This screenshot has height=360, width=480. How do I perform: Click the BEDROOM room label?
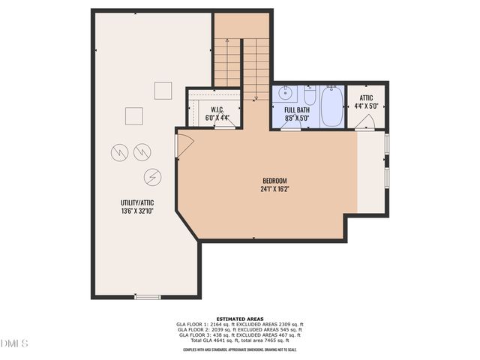click(x=274, y=180)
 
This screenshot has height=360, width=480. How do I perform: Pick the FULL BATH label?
click(x=297, y=109)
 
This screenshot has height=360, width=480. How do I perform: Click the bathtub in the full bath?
click(x=331, y=106)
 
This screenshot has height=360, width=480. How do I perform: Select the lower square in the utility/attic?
click(x=133, y=116)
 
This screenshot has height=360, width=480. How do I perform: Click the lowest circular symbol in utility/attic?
click(x=152, y=177)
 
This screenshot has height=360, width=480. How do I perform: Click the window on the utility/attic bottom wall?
click(x=147, y=297)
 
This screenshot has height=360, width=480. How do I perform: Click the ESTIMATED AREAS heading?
click(x=240, y=318)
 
